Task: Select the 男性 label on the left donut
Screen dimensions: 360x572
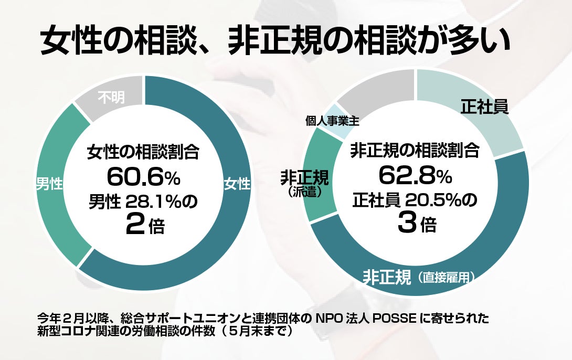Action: point(49,184)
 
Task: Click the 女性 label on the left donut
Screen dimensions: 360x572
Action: point(237,184)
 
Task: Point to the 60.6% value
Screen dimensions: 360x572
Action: point(143,177)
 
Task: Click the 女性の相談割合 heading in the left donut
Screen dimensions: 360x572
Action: point(143,153)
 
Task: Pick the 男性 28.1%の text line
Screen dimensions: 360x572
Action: point(143,202)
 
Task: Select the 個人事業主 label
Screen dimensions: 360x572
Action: point(332,121)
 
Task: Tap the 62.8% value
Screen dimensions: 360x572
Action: point(415,176)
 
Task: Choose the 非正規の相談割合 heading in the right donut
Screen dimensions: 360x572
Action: point(415,151)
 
